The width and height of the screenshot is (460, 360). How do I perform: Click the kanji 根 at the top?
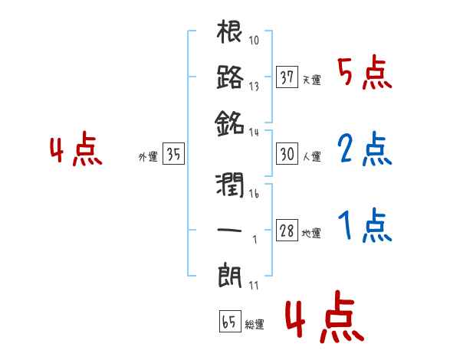click(230, 34)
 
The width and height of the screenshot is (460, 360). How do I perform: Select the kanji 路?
click(230, 77)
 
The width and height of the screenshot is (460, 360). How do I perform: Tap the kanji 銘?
click(230, 122)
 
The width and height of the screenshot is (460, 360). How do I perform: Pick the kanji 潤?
click(230, 185)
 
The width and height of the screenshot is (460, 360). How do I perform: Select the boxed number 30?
click(287, 154)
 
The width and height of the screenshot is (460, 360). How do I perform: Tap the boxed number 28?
click(287, 231)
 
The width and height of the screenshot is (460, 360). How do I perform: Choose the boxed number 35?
click(173, 155)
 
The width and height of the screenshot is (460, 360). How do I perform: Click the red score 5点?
click(365, 73)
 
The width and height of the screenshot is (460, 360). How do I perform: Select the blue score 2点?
click(365, 149)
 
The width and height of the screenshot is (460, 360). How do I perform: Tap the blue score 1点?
click(365, 226)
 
